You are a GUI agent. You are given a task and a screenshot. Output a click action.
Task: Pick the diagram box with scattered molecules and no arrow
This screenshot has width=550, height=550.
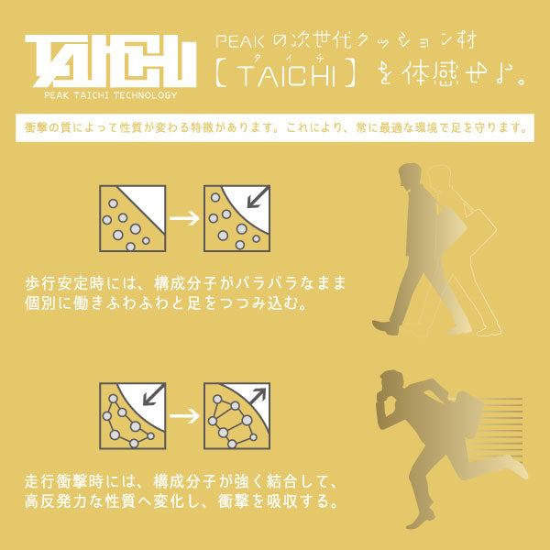point(132,218)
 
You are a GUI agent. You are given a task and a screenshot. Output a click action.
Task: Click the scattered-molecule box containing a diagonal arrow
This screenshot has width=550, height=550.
point(236,218)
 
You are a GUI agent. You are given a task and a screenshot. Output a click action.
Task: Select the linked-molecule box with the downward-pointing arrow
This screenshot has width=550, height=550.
point(132,415)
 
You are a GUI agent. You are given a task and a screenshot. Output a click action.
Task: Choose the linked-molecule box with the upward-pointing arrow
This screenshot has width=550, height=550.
point(236,415)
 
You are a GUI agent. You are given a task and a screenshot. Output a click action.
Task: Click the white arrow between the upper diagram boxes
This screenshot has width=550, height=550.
point(184,219)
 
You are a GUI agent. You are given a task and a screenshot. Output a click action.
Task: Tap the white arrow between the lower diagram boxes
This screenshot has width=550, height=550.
point(184,416)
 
